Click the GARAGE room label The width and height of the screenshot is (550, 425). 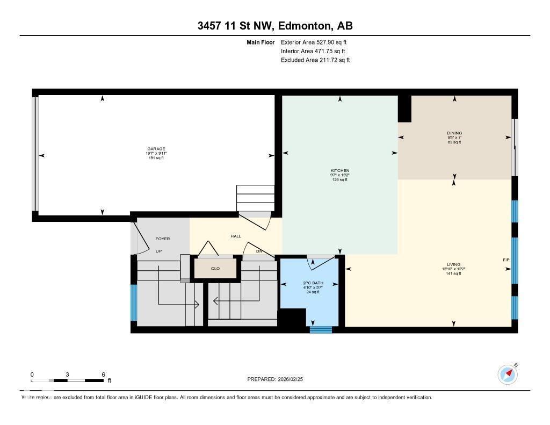coord(156,149)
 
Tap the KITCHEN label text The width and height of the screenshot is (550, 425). coord(339,170)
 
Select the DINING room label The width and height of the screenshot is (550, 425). coord(454,133)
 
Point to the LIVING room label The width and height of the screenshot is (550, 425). coord(454,265)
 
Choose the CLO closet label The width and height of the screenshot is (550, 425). coord(215,268)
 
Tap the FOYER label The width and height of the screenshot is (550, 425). coord(163,239)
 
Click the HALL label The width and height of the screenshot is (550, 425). coord(236,236)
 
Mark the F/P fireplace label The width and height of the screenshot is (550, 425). coord(506,260)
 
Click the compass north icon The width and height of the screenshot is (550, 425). coord(508,374)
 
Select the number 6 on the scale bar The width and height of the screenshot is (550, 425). coord(103,374)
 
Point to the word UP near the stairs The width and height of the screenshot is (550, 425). coord(158,251)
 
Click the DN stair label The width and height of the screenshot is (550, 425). coord(259,251)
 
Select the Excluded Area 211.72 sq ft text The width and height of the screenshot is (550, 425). coord(315,60)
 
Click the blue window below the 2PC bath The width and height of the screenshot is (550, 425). coord(321,330)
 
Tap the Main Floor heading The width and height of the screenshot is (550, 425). coord(260,42)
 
